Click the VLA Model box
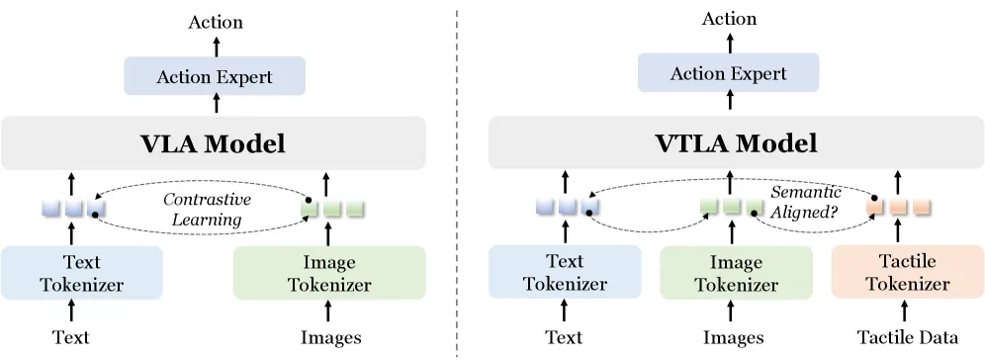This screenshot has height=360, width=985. [x=214, y=143]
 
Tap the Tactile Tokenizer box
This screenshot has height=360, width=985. [x=908, y=272]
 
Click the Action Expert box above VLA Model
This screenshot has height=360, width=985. [x=215, y=76]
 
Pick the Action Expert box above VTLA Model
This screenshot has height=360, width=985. [x=729, y=73]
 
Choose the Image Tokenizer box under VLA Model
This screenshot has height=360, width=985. [x=329, y=273]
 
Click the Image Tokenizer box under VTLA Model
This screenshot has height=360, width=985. [x=736, y=273]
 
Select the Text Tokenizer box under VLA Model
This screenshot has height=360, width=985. [x=82, y=273]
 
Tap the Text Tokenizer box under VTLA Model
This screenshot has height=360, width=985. [x=565, y=272]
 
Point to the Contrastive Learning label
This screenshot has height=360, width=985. [x=208, y=210]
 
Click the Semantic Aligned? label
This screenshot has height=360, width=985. [x=805, y=202]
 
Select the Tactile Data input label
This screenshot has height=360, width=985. [x=908, y=337]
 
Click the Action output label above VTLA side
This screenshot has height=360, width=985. [x=729, y=19]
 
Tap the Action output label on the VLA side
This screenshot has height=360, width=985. [x=216, y=22]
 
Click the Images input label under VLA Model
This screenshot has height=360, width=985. [x=331, y=338]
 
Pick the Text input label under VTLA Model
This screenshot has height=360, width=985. [x=564, y=337]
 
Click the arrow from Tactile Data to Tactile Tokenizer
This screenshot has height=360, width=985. [x=905, y=312]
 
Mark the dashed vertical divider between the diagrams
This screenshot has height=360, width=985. [x=457, y=182]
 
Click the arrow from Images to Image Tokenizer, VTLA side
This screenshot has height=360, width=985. [x=731, y=312]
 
